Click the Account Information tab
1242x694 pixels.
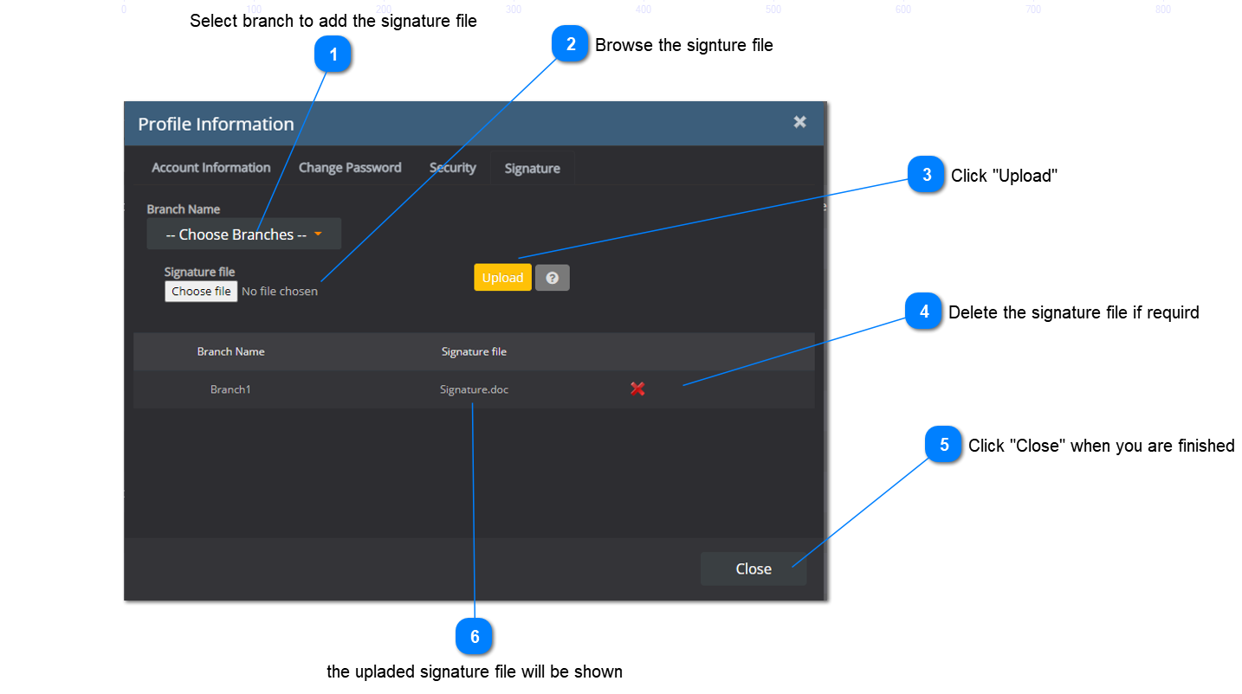coord(210,168)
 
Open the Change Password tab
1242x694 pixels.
coord(350,168)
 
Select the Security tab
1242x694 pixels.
coord(452,168)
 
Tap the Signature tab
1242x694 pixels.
coord(532,169)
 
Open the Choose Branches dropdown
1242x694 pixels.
coord(243,235)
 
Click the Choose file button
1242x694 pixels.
coord(201,292)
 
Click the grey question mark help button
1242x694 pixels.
coord(552,278)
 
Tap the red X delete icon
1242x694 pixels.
coord(637,389)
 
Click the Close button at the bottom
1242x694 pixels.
coord(753,569)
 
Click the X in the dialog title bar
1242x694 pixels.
coord(799,122)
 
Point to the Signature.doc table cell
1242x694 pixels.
coord(474,389)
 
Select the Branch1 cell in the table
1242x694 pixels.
coord(230,389)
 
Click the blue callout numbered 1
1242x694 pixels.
coord(333,56)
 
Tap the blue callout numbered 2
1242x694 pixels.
coord(570,45)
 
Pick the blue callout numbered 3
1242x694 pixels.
coord(926,176)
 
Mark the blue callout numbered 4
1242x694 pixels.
coord(923,312)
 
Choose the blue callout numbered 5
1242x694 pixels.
coord(943,445)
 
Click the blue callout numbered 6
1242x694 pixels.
coord(474,637)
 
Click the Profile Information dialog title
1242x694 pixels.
coord(216,124)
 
